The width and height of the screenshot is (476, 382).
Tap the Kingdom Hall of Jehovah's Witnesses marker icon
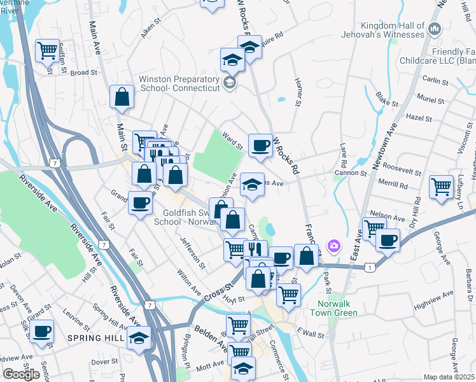(x=435, y=29)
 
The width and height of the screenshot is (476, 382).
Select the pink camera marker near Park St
(x=333, y=246)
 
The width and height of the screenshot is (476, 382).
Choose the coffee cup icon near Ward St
(x=260, y=145)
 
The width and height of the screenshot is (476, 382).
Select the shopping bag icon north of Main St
(x=122, y=97)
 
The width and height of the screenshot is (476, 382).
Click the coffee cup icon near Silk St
(x=42, y=331)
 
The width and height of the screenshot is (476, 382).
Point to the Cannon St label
(x=356, y=173)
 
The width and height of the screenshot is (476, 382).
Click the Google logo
(x=21, y=374)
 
